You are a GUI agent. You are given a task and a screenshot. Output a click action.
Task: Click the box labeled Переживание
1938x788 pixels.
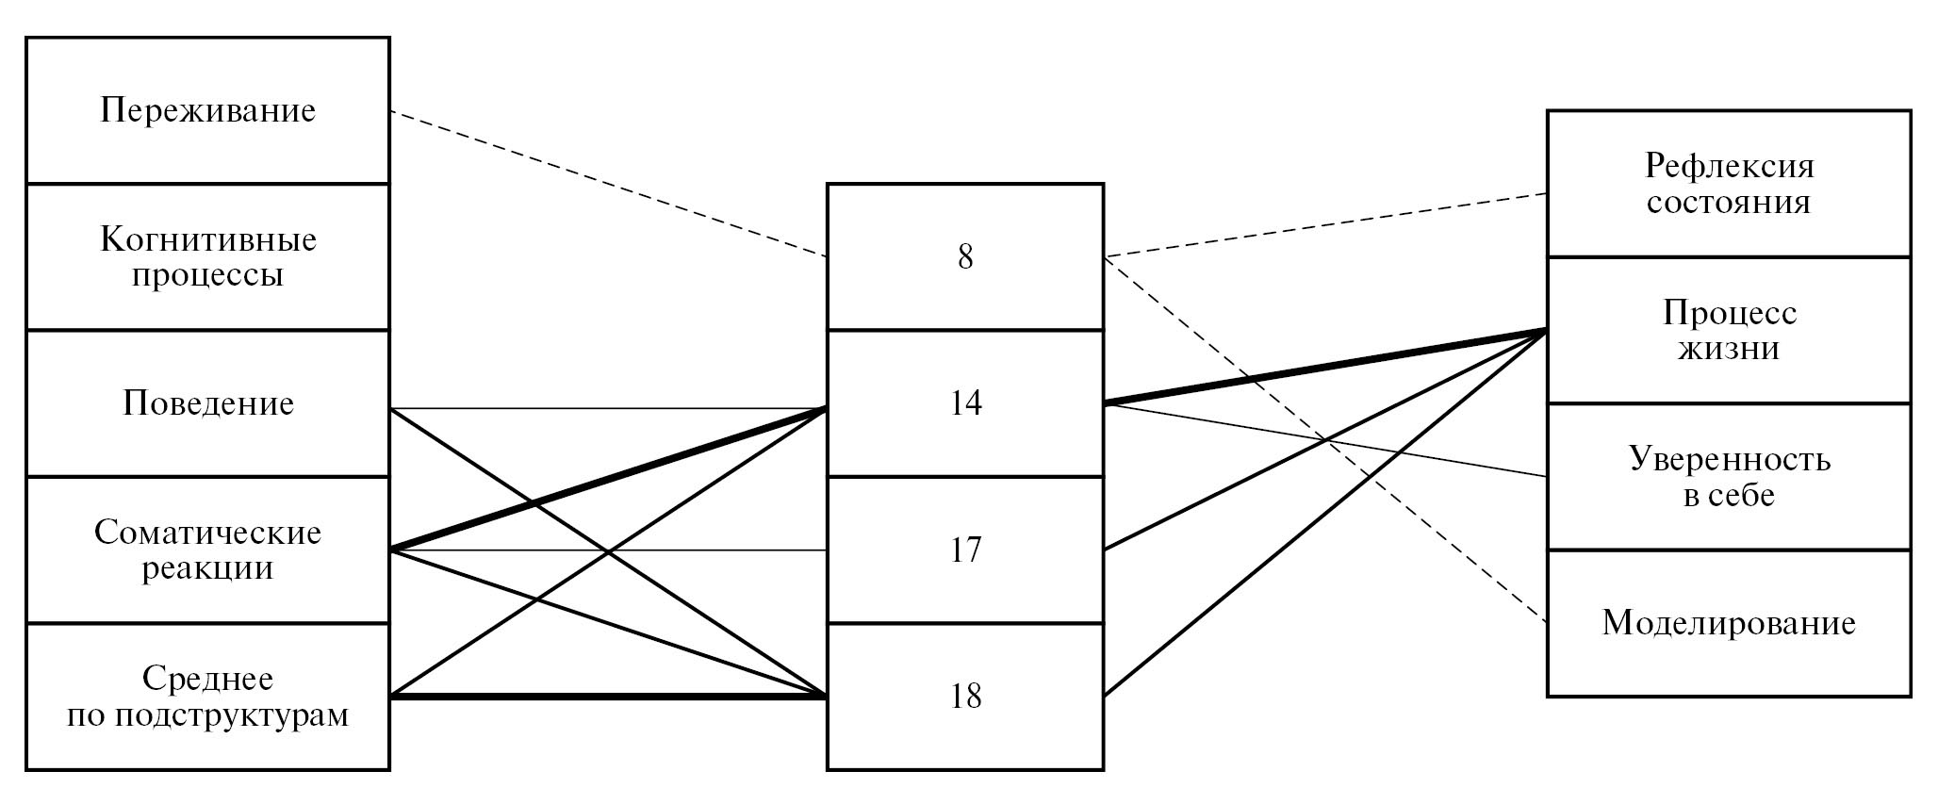tap(207, 110)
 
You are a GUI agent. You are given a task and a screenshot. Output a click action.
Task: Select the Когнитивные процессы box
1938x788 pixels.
tap(207, 256)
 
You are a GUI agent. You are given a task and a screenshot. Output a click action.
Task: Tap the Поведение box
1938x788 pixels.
tap(207, 403)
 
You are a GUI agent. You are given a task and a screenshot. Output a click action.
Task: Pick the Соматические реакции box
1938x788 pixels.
tap(207, 550)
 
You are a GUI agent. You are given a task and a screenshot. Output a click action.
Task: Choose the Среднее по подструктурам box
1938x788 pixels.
tap(207, 696)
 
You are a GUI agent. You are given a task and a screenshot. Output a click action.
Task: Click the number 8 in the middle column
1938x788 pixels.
tap(965, 256)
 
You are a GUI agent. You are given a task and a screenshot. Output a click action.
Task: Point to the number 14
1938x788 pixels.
tap(965, 403)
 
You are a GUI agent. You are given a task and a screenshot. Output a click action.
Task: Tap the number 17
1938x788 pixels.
tap(965, 550)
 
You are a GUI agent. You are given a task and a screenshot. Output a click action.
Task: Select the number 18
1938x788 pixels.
tap(965, 696)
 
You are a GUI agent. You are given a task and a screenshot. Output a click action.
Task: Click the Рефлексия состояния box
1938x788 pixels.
tap(1729, 184)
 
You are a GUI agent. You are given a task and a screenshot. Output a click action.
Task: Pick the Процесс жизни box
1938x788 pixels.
tap(1729, 330)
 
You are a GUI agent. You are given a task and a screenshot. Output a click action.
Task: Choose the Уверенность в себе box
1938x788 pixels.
tap(1729, 477)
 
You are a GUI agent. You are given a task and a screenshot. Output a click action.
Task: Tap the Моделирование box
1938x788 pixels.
tap(1729, 623)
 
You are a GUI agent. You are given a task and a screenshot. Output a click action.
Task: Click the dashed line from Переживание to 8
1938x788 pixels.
tap(608, 184)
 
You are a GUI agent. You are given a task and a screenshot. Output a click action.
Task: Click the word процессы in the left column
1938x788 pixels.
tap(207, 276)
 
